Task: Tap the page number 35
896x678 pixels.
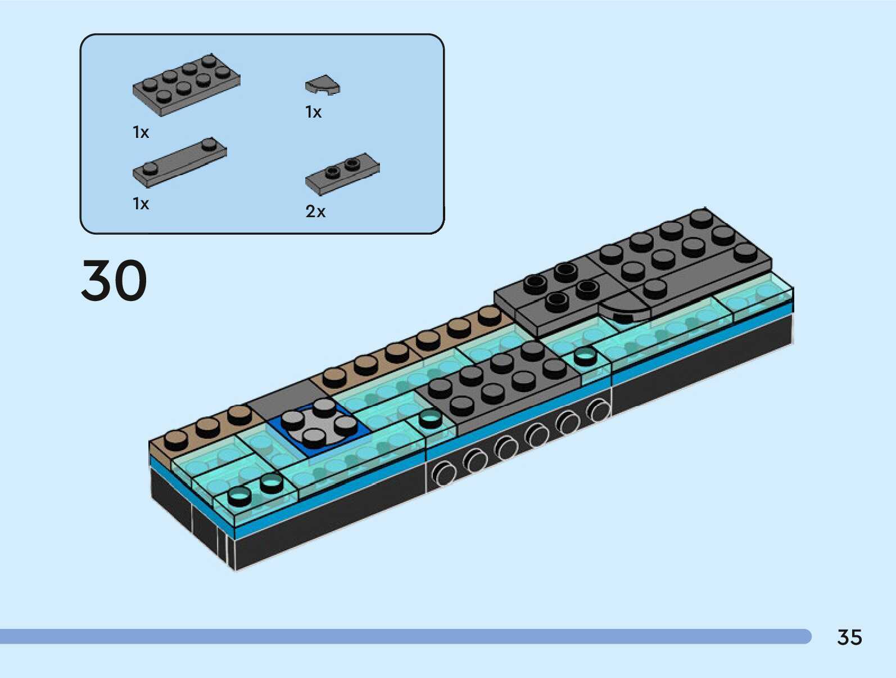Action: click(849, 637)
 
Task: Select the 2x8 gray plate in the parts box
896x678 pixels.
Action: click(186, 85)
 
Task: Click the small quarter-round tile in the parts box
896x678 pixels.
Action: click(323, 85)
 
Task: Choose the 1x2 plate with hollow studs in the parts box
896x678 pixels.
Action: click(342, 173)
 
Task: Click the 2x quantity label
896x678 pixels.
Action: click(315, 212)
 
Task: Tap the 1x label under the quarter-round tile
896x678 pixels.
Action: click(313, 113)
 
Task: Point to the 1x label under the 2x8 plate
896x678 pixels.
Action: click(141, 132)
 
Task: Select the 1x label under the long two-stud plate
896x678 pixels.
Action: click(141, 204)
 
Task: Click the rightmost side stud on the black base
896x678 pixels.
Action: click(599, 409)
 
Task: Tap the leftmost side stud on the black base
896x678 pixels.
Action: click(444, 473)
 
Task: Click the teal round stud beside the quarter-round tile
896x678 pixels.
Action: click(585, 356)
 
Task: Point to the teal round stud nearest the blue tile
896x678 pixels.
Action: click(430, 418)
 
